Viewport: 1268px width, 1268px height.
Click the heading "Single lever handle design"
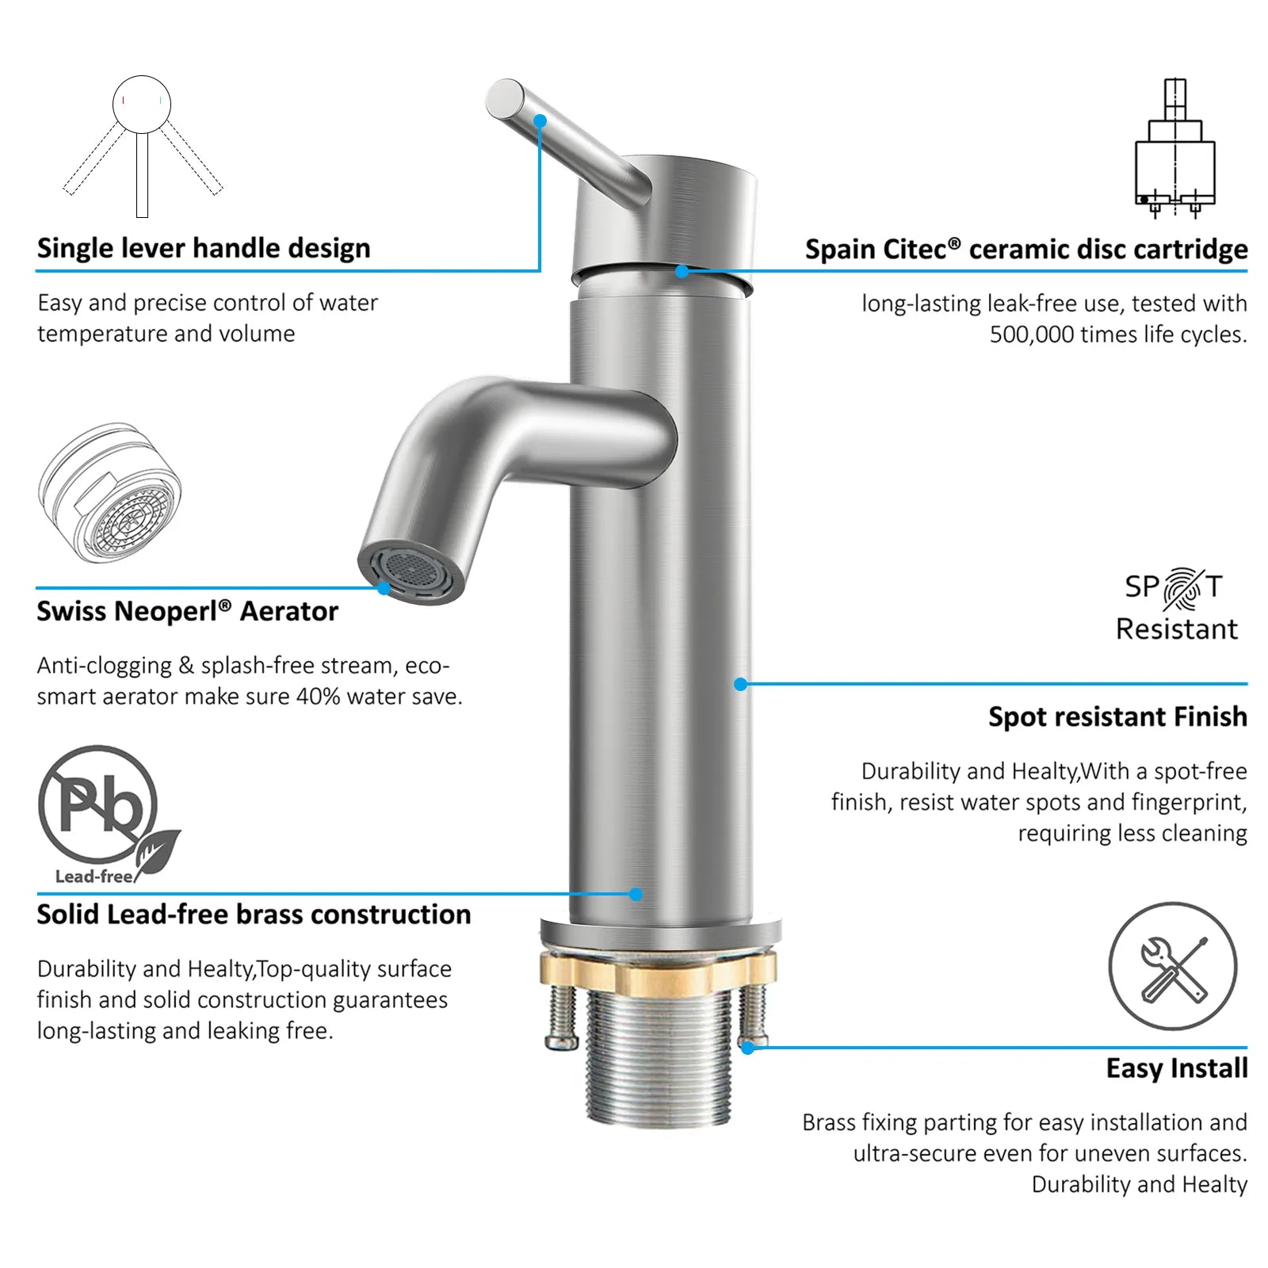click(x=204, y=248)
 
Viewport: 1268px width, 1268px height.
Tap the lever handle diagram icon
click(x=142, y=146)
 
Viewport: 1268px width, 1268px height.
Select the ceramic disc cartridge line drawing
click(x=1174, y=147)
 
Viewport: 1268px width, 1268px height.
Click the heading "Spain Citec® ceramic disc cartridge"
click(x=1026, y=249)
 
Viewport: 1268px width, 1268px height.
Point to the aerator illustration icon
click(x=109, y=493)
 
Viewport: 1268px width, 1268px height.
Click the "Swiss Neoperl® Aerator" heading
click(x=187, y=611)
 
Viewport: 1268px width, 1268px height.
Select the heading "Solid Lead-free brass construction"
click(x=254, y=914)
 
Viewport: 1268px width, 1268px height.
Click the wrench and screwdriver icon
click(x=1172, y=966)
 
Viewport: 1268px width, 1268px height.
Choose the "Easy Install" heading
click(x=1177, y=1068)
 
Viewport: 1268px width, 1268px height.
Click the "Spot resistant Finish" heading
click(x=1117, y=716)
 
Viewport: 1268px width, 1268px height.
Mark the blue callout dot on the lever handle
click(x=540, y=120)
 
